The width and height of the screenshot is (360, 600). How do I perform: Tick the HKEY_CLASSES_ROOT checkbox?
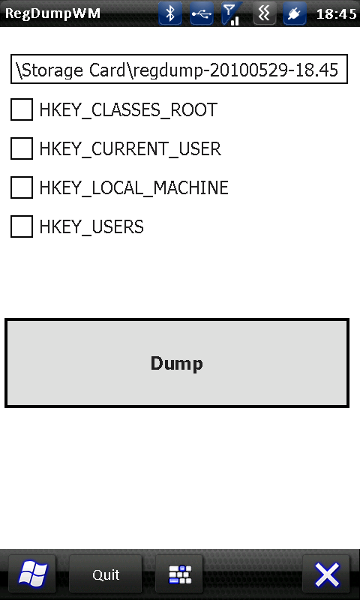(22, 109)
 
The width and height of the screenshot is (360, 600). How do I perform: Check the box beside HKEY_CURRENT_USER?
(22, 148)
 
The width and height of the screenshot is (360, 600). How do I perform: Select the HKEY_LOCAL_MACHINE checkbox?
(22, 187)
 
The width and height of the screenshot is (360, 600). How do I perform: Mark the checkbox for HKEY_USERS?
(22, 226)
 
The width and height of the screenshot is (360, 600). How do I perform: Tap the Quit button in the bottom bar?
(106, 574)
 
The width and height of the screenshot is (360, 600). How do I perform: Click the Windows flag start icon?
(32, 574)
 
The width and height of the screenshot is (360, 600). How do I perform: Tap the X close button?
(326, 574)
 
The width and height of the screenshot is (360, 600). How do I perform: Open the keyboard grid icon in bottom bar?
(179, 574)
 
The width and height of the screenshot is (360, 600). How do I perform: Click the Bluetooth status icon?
(170, 13)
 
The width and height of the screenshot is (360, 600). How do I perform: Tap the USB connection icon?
(202, 13)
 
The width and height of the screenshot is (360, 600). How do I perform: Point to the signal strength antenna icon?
(232, 13)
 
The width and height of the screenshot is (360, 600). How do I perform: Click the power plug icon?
(294, 13)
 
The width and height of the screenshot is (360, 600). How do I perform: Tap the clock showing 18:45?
(337, 14)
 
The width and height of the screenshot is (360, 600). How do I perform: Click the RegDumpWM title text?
(52, 14)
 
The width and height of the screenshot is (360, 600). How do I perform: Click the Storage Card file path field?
(179, 69)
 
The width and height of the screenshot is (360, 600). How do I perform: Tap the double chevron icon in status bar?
(264, 13)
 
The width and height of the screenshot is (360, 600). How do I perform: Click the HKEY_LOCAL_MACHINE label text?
(134, 188)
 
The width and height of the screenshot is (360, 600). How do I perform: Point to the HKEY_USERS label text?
(91, 227)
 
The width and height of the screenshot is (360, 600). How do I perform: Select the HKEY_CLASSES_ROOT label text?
(128, 110)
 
